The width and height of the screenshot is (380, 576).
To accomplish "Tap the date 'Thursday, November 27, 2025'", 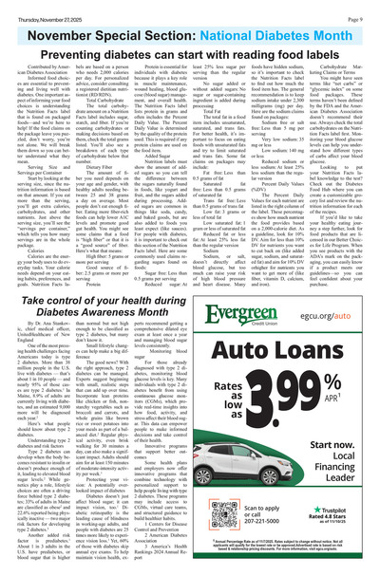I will [44, 9].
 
